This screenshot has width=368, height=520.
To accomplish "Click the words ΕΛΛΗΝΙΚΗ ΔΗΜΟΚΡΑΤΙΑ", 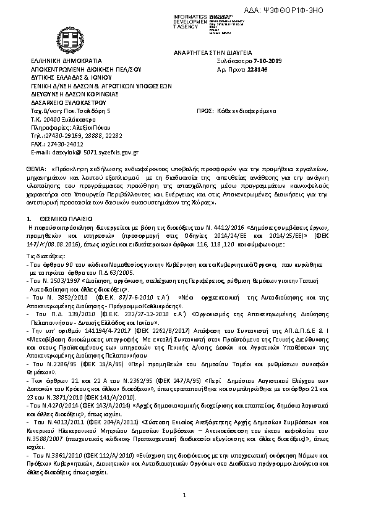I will [x=61, y=62].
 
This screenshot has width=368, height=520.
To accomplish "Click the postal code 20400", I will [x=50, y=119].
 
